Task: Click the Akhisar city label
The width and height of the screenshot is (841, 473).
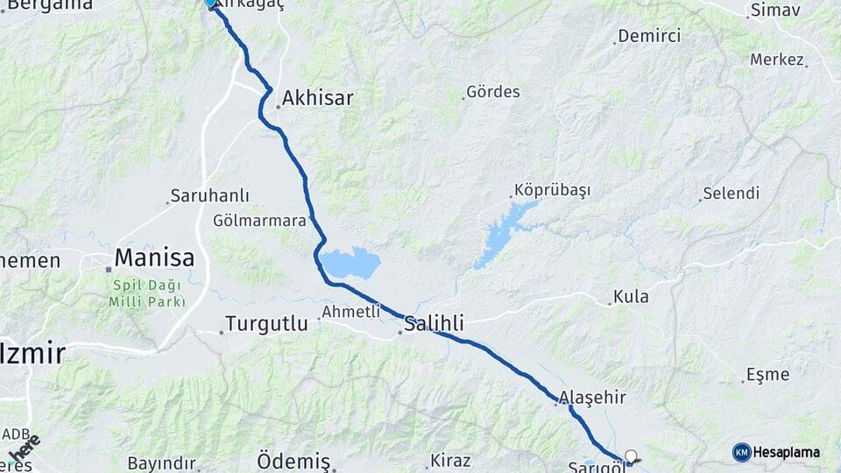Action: coord(317,98)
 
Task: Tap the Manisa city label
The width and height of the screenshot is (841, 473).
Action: coord(154,258)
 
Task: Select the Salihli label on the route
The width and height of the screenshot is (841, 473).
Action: coord(433,325)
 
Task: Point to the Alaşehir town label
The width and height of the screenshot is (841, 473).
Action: coord(594,398)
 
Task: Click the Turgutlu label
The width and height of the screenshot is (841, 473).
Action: coord(266,324)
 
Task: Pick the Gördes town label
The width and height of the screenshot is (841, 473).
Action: coord(493,92)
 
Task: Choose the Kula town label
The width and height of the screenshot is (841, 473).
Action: coord(631,297)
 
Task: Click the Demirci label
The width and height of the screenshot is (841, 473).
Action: coord(649,36)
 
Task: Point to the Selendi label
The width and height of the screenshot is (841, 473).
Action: coord(731,193)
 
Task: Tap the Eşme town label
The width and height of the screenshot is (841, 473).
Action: coord(767,375)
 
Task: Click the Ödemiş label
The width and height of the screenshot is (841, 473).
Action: coord(293,462)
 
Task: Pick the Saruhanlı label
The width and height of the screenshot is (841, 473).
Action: coord(209,196)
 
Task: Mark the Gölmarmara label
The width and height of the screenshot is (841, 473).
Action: coord(259,221)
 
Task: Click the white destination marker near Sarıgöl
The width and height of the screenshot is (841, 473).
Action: coord(630,455)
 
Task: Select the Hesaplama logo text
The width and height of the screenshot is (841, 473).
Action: coord(786,453)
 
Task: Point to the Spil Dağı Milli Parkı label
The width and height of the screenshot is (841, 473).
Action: coord(146,293)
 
